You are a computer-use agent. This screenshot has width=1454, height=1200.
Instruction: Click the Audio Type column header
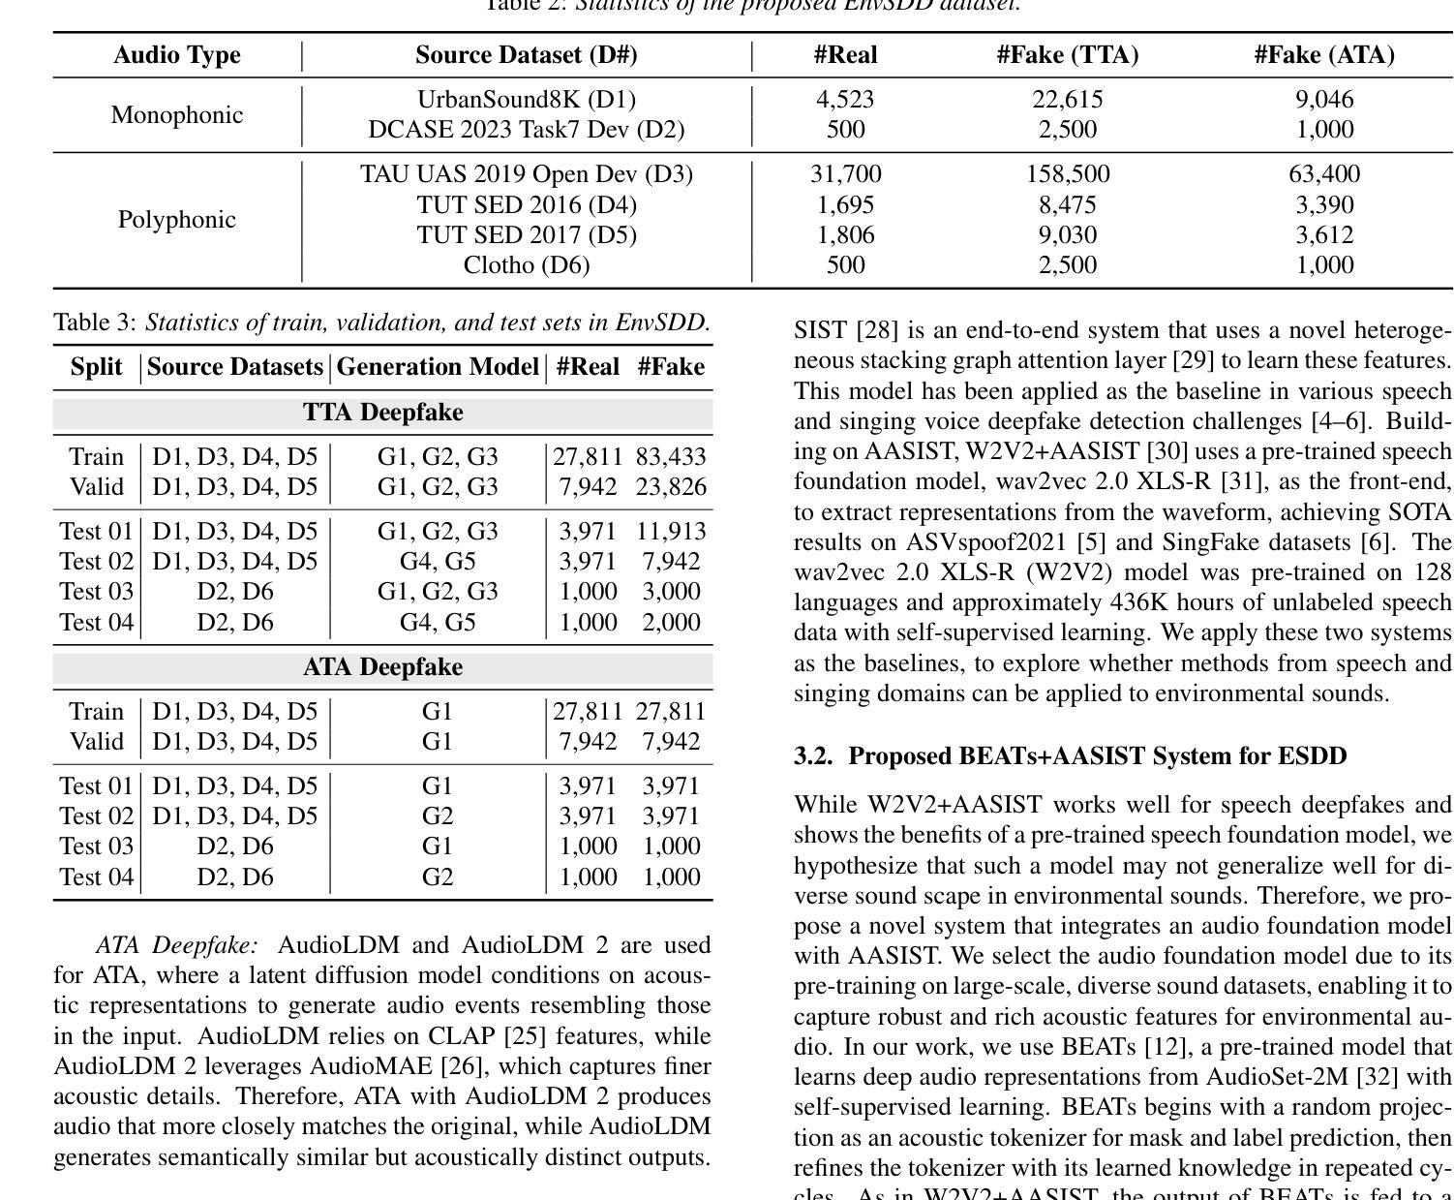click(x=176, y=55)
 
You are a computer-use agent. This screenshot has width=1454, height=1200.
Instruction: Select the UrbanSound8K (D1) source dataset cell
click(x=526, y=100)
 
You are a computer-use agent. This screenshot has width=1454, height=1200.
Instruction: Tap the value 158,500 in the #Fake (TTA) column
click(x=1067, y=174)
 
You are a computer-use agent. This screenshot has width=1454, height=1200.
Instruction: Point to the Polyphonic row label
click(x=176, y=220)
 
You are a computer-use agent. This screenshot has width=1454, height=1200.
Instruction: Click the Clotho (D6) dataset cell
click(x=526, y=265)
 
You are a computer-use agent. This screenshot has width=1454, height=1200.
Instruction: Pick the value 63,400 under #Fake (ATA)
click(x=1323, y=174)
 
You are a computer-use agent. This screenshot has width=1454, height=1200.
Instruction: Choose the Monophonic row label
click(x=176, y=115)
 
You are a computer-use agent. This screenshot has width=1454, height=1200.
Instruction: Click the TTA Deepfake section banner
click(x=382, y=413)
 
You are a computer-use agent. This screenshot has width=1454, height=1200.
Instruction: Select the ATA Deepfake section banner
click(x=382, y=667)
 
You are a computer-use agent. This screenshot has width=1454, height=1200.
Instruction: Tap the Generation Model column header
click(x=438, y=367)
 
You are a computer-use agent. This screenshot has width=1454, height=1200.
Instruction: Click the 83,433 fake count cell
click(x=671, y=457)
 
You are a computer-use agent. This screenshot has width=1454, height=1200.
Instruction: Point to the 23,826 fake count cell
click(x=671, y=487)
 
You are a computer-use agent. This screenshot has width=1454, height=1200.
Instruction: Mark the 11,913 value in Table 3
click(x=671, y=532)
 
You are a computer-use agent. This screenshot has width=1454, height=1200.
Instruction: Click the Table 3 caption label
click(x=95, y=323)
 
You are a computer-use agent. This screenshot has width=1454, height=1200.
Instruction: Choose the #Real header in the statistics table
click(x=845, y=55)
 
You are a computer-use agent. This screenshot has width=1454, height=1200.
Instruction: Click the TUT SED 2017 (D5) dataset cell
click(x=526, y=235)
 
